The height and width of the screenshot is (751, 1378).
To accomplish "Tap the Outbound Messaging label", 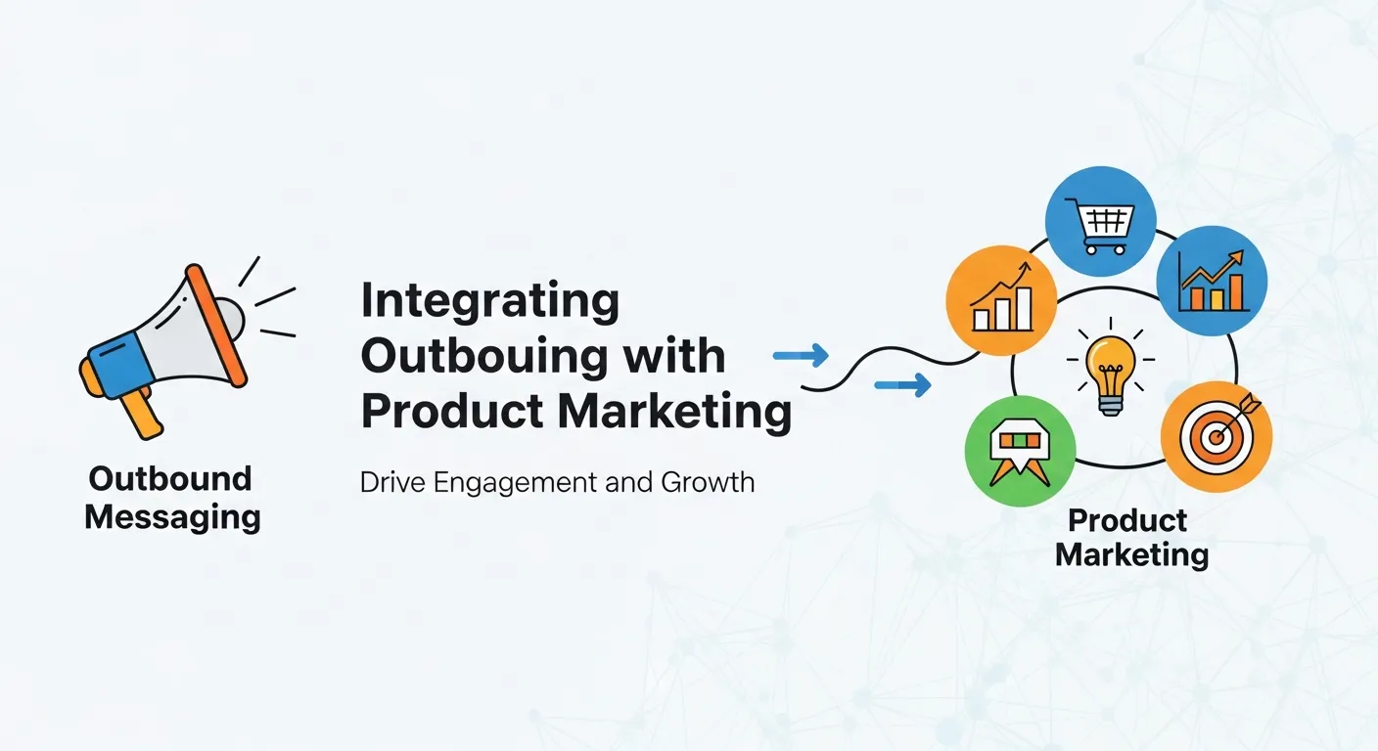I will [172, 498].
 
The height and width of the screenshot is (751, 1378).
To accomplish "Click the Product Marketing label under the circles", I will [1131, 537].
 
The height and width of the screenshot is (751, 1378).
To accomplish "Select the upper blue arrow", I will [801, 356].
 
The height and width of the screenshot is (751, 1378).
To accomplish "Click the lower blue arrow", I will [901, 388].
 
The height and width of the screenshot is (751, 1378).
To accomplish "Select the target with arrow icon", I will [1217, 435].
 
